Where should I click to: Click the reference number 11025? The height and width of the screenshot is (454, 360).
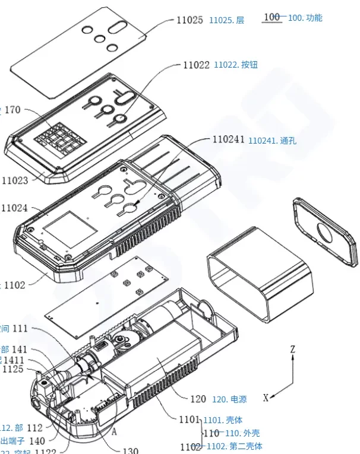190,20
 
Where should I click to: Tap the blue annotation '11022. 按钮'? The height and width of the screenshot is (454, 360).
236,65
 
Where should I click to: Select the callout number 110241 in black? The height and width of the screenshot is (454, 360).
228,140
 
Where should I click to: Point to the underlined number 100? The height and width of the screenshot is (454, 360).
271,17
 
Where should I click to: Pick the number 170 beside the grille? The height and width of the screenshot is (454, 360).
12,110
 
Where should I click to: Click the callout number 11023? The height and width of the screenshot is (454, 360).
15,180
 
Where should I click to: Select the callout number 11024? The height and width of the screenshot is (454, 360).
15,208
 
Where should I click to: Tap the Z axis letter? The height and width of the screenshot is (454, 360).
292,350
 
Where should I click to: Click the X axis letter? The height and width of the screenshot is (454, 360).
266,398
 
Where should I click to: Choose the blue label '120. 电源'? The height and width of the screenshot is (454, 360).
228,399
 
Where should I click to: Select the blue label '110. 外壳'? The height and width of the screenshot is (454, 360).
243,433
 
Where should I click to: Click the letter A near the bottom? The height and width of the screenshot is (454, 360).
113,433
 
